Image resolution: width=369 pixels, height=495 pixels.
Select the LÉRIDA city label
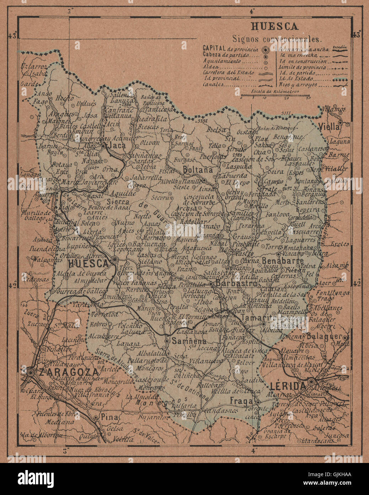pos(288,386)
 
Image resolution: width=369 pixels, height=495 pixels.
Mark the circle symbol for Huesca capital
pos(114,260)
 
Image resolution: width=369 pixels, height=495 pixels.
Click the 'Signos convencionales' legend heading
pos(277,38)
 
